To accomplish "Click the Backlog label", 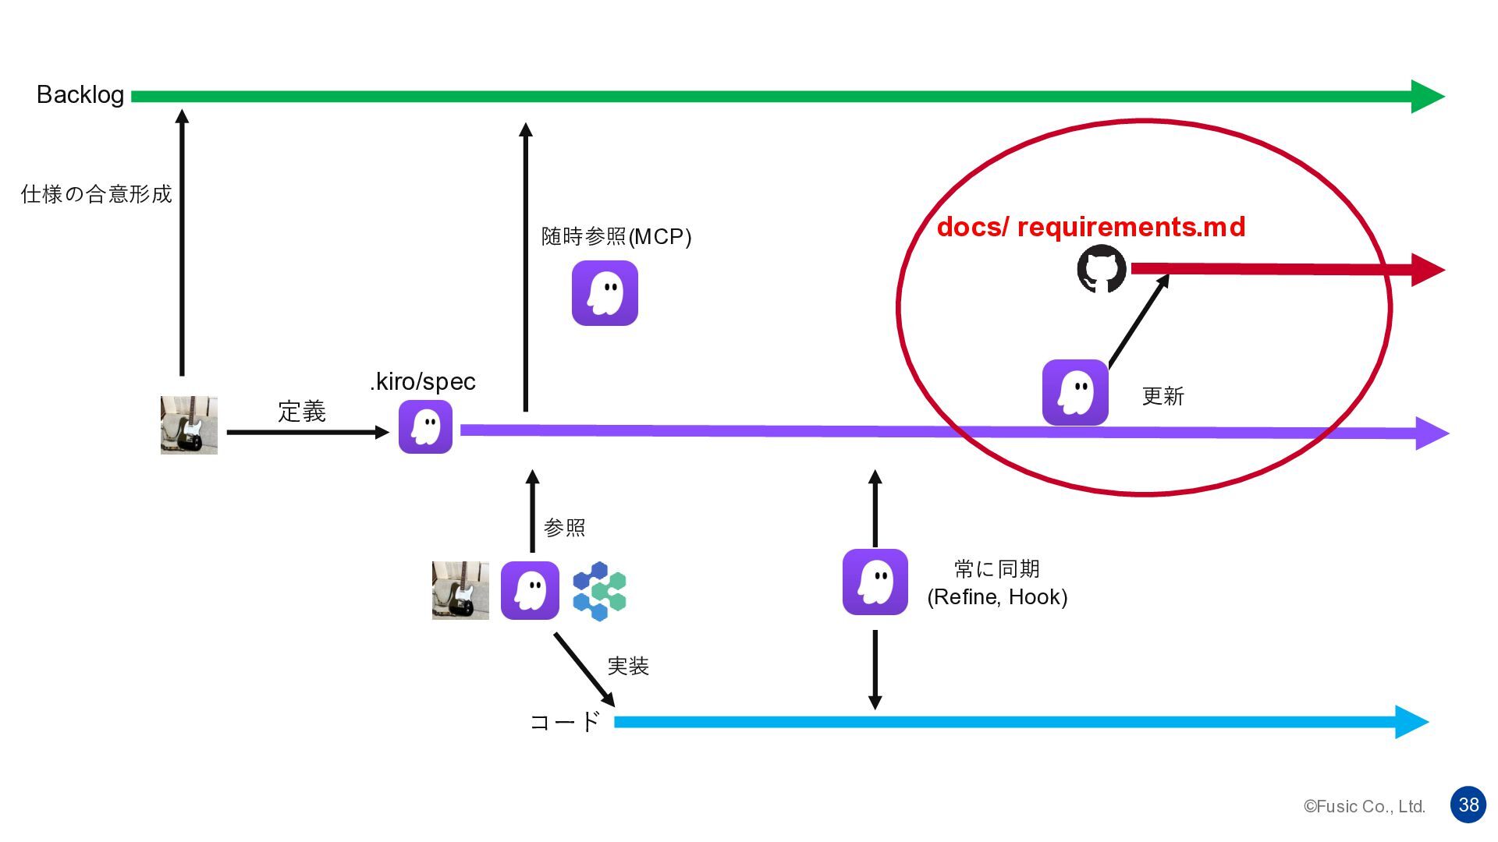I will (80, 95).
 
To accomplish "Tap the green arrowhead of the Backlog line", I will (1427, 97).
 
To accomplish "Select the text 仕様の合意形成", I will (96, 194).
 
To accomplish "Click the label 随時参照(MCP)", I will (616, 236).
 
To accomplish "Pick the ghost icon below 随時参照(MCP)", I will (605, 293).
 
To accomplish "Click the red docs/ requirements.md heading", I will (1091, 227).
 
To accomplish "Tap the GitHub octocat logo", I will (1101, 270).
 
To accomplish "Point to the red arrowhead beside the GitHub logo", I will (1427, 270).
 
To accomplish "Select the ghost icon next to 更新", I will (1075, 392).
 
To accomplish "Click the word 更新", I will (1163, 396).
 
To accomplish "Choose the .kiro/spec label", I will (423, 381).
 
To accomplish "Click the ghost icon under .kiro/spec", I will (425, 427).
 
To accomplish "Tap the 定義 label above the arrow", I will (302, 411).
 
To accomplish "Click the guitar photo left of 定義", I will (189, 425).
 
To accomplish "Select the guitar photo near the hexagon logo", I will (460, 590).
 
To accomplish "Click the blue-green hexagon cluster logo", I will (599, 591).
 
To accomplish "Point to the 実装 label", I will (628, 666).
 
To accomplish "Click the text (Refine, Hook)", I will (997, 597).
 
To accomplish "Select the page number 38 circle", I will (1468, 805).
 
